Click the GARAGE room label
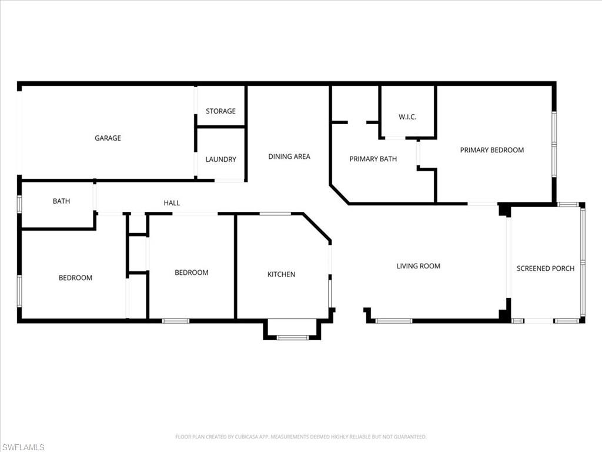(x=108, y=138)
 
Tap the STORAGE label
(x=221, y=111)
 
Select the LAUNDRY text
(x=221, y=159)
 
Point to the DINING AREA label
(x=289, y=157)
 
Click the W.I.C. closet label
(x=407, y=117)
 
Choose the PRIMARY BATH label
(x=373, y=159)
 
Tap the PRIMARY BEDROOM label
(x=492, y=150)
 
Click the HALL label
(x=172, y=203)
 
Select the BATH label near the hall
(x=61, y=201)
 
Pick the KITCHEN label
(x=282, y=274)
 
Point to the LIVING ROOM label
(x=419, y=266)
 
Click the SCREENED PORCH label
(x=546, y=268)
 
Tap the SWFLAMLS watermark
(x=23, y=447)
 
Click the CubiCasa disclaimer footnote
(x=301, y=437)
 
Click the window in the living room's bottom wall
(x=393, y=321)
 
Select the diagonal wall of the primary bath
(x=339, y=194)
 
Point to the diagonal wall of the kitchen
(x=317, y=228)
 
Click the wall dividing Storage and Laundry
(x=220, y=127)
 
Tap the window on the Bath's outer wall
(x=19, y=204)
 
